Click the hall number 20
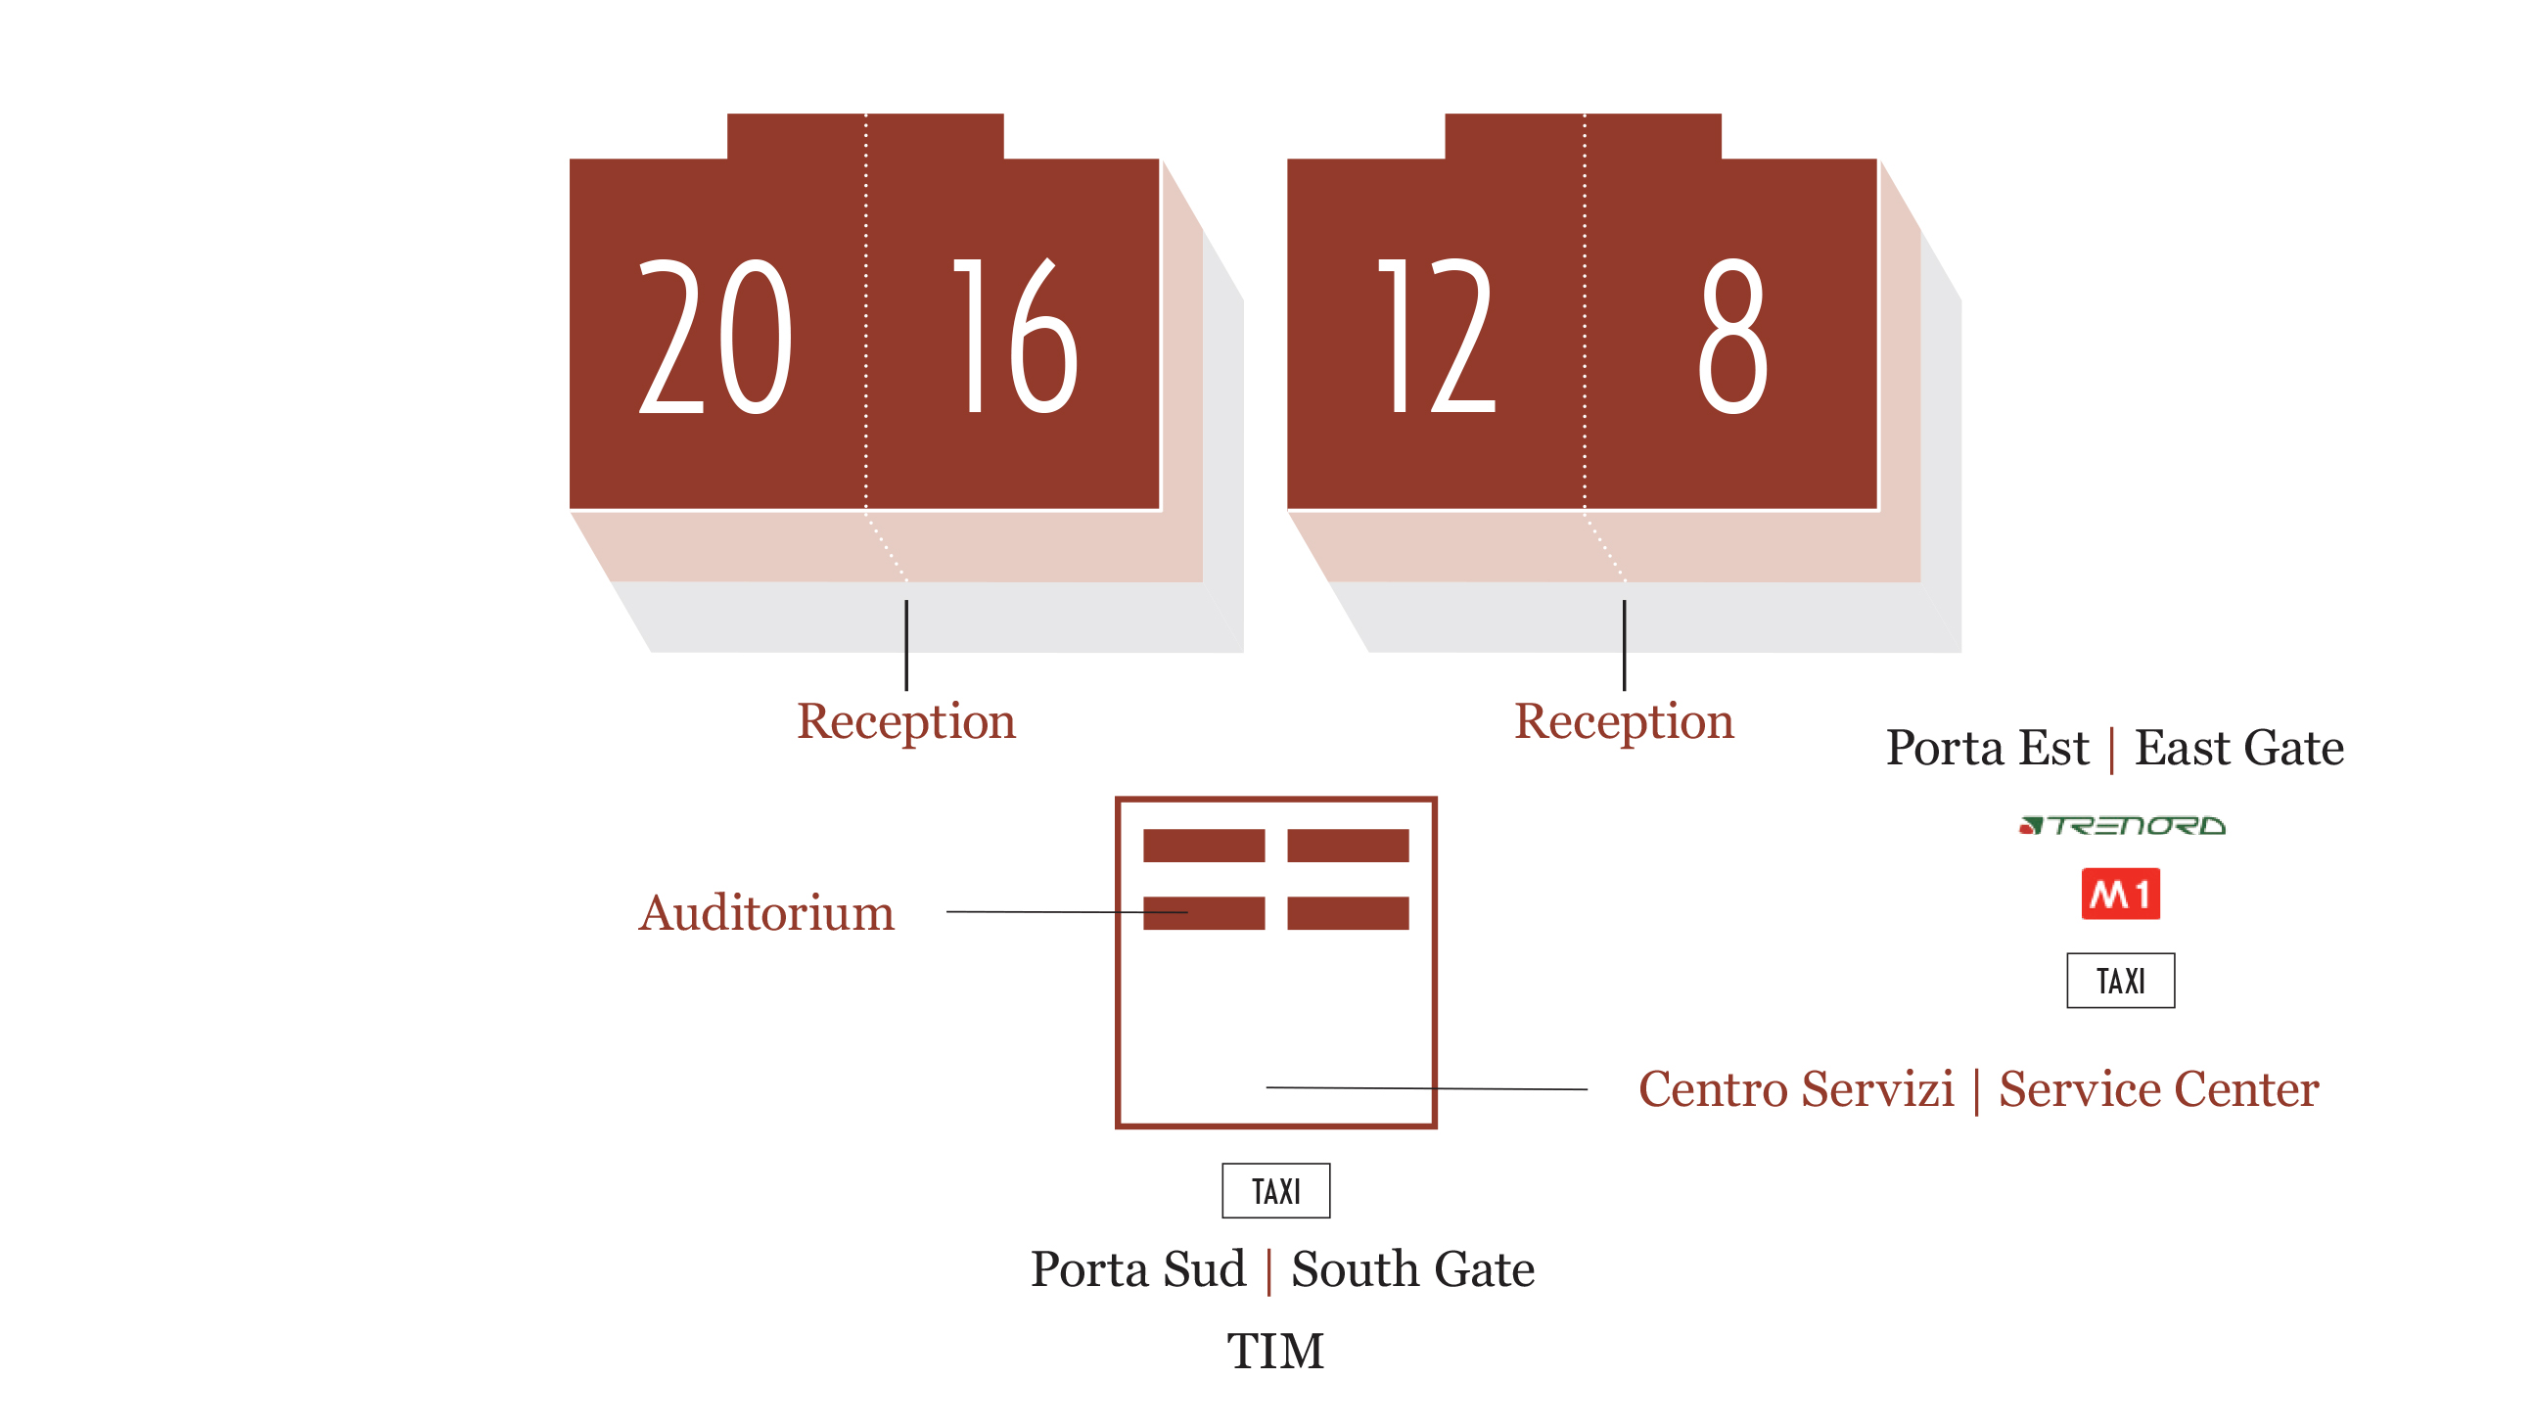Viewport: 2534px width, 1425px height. [x=715, y=337]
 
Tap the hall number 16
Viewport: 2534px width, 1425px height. [x=1016, y=337]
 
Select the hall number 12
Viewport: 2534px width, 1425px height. [x=1436, y=337]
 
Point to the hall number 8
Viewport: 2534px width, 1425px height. [x=1732, y=337]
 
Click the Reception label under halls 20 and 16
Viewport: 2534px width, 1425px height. [x=906, y=723]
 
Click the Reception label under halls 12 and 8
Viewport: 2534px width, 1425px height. [x=1623, y=723]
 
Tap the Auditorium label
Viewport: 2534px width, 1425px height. [x=766, y=913]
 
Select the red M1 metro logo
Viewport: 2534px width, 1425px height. [x=2120, y=894]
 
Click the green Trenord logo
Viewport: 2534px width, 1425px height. [x=2122, y=825]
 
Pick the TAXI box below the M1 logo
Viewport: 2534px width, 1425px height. [x=2120, y=981]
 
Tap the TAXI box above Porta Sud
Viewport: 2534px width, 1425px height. [x=1276, y=1191]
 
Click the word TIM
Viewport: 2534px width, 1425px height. [x=1275, y=1352]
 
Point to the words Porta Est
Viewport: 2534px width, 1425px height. [x=1986, y=749]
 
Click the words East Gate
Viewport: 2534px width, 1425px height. [x=2238, y=749]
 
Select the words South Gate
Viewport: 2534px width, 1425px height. [x=1412, y=1269]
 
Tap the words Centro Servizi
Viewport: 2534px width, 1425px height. [x=1796, y=1089]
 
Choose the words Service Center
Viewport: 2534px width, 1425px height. [x=2158, y=1089]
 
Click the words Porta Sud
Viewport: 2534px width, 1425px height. [x=1138, y=1269]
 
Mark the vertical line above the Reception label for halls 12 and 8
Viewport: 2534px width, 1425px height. [x=1624, y=645]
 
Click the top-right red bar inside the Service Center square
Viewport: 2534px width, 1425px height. [x=1348, y=846]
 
